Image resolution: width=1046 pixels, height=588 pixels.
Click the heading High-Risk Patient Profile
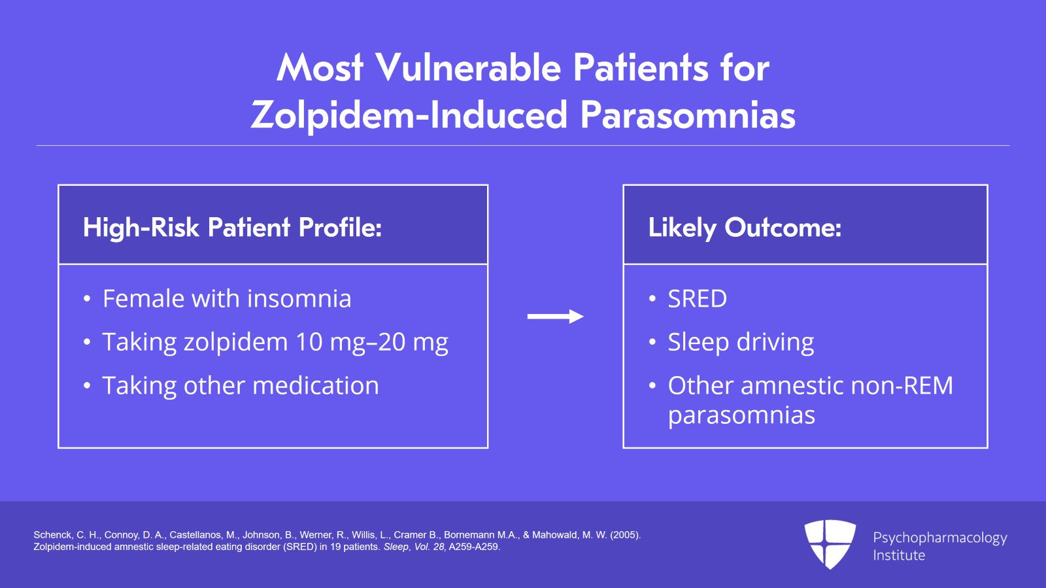(232, 228)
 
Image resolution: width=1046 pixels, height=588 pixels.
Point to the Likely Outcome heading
(745, 228)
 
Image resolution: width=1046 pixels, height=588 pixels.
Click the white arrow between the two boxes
(555, 317)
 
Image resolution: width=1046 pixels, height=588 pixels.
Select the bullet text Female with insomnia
(227, 298)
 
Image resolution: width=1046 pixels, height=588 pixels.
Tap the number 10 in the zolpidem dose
(309, 342)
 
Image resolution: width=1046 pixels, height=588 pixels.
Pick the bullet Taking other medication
(241, 386)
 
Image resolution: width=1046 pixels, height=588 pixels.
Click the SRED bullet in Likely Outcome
(697, 299)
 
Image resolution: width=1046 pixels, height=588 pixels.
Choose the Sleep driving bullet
(741, 342)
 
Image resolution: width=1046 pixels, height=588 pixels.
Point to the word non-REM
(902, 386)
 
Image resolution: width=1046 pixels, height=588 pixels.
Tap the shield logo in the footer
(830, 544)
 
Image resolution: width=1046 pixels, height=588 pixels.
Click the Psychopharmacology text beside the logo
(940, 538)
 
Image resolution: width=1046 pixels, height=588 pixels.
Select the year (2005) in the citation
(625, 535)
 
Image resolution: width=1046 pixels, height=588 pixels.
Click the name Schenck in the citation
(52, 535)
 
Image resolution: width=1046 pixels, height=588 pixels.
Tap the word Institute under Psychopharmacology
(899, 555)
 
